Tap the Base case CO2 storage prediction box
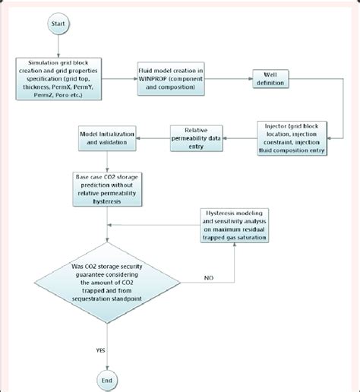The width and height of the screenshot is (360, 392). (109, 188)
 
